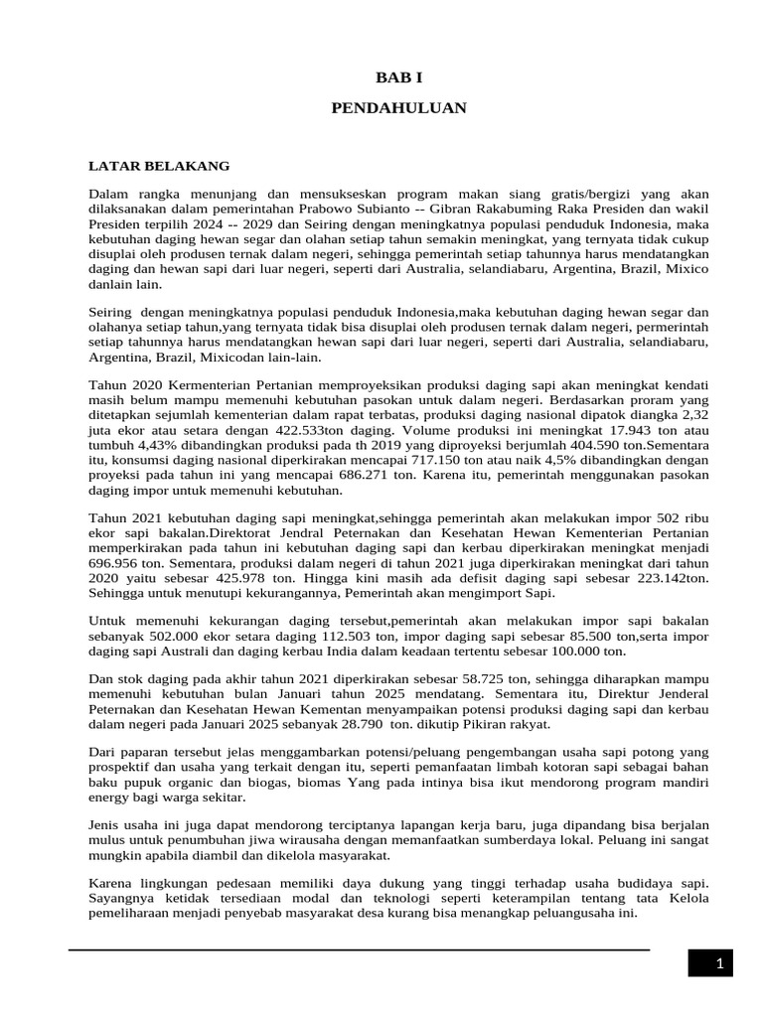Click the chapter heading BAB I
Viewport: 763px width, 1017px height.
pos(397,76)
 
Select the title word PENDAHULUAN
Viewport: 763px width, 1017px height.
pos(398,107)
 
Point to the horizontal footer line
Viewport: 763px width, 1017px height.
pos(358,949)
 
